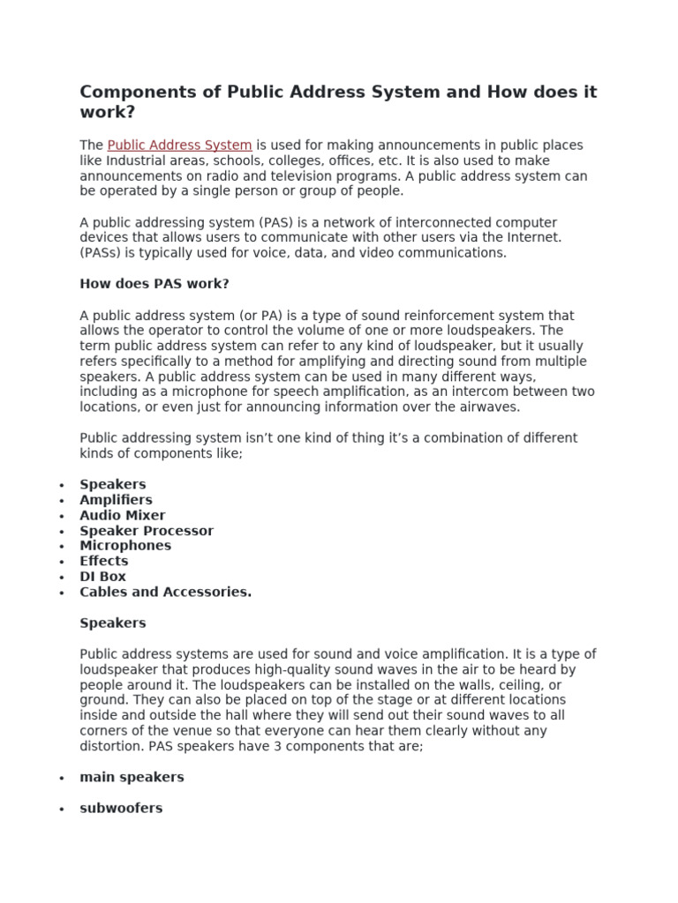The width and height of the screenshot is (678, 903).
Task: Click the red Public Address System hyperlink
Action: pos(179,146)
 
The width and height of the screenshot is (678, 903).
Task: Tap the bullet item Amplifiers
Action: pos(116,500)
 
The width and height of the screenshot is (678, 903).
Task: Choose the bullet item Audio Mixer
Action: pos(122,515)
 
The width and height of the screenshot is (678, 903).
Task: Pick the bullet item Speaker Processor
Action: pos(147,531)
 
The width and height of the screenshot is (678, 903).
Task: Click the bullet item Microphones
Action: pos(125,546)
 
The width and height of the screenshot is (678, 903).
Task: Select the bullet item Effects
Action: pos(104,561)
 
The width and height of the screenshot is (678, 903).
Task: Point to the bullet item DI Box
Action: pos(103,577)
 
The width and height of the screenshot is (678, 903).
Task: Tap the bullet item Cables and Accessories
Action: pos(165,592)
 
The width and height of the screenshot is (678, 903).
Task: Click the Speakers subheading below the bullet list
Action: pos(113,623)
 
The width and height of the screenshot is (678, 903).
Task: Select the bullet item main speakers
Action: pos(132,777)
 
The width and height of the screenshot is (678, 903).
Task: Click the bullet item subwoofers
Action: pos(121,808)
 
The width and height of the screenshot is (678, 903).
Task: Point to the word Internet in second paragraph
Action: pos(532,237)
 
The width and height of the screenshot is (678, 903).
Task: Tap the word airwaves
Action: pos(488,407)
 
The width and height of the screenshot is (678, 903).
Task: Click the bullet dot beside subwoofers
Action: pos(61,809)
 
